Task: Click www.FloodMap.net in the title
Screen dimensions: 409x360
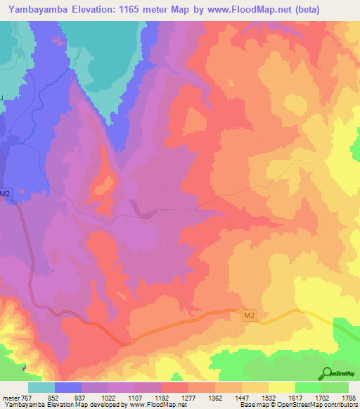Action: pos(231,10)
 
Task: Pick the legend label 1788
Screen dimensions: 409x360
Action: pos(349,397)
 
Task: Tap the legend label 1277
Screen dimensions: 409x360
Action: pos(188,397)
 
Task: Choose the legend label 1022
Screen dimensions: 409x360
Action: pos(108,397)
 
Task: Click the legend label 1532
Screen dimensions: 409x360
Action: pos(269,397)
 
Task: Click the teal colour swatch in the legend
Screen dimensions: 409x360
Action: pos(41,387)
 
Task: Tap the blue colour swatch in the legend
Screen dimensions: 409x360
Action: pos(68,387)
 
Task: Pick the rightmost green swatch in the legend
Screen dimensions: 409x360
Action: pos(335,387)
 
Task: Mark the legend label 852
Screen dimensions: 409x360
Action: pos(55,397)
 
